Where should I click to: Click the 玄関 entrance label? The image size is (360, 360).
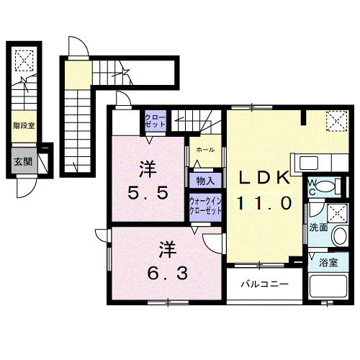[23, 162]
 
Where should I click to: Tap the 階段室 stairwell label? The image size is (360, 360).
[24, 125]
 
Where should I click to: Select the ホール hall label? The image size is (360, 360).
[205, 150]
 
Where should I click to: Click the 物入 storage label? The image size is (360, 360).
[205, 181]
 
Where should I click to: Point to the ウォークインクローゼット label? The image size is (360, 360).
[205, 206]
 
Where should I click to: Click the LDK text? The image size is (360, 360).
[264, 178]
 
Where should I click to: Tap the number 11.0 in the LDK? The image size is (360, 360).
[264, 203]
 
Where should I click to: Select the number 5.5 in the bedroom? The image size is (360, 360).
[148, 193]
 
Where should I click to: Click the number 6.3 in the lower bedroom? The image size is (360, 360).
[167, 274]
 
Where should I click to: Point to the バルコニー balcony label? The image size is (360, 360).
[264, 284]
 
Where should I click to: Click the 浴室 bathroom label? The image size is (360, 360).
[328, 263]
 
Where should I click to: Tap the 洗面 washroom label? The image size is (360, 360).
[318, 228]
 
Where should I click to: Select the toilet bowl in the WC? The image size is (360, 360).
[325, 186]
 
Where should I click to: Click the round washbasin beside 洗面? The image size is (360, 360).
[340, 235]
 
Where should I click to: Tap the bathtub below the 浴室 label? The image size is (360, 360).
[328, 287]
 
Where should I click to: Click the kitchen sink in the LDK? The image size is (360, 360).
[309, 163]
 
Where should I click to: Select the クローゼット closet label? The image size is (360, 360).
[156, 121]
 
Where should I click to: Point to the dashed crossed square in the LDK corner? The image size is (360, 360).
[336, 121]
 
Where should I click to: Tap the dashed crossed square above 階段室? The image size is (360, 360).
[24, 60]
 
